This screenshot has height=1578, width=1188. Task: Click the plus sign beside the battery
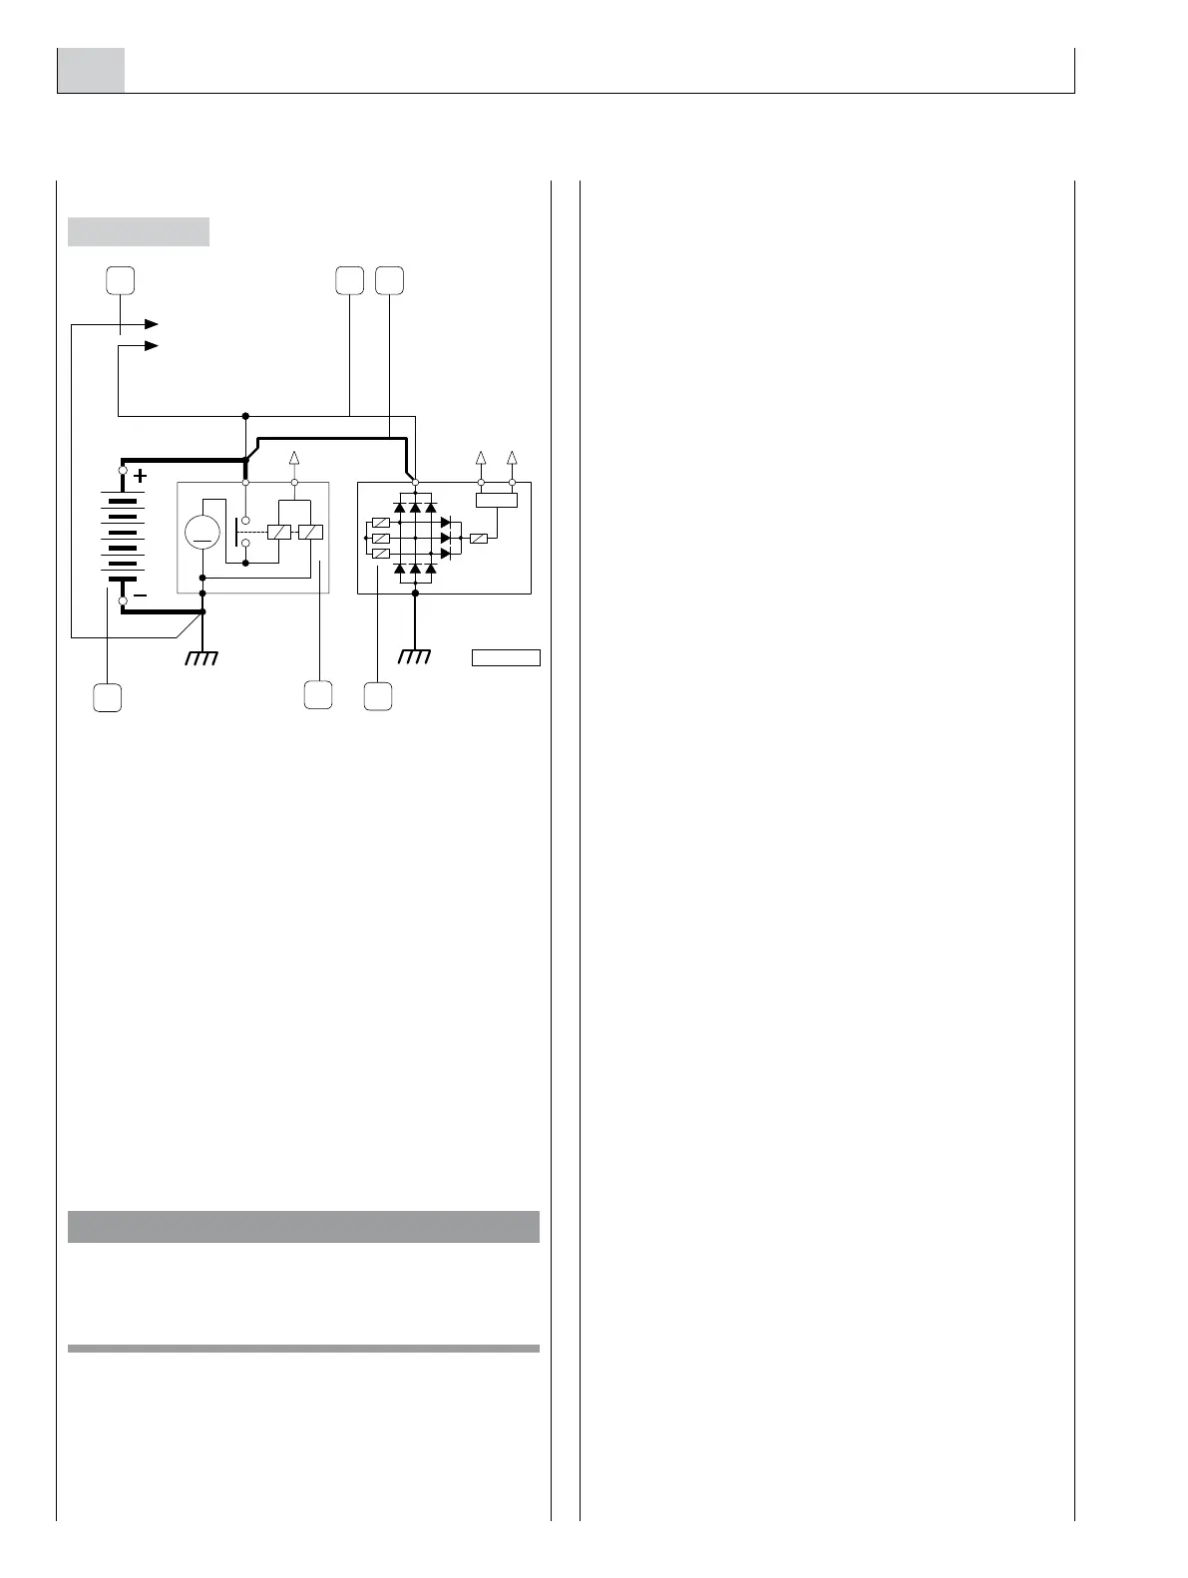(140, 476)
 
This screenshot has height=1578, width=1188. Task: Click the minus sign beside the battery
(141, 594)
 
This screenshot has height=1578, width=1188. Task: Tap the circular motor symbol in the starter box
(202, 532)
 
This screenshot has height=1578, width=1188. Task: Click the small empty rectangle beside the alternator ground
(506, 657)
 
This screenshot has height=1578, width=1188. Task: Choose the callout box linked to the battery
(108, 697)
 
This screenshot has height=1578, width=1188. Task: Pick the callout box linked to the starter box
(318, 694)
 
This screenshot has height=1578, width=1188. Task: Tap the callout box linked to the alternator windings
(377, 696)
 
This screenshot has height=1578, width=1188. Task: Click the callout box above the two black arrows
(121, 280)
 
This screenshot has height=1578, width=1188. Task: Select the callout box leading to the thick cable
(389, 280)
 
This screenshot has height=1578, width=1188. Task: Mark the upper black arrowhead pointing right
(152, 324)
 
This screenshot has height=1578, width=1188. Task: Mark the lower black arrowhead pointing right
(152, 346)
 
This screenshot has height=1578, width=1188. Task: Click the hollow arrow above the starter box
(294, 458)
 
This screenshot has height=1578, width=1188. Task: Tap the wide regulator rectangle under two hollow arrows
(497, 500)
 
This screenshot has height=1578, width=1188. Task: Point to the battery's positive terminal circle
(123, 470)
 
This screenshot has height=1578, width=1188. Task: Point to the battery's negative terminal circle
(123, 601)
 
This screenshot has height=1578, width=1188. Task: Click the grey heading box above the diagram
(139, 231)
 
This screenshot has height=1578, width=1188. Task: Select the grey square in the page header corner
(91, 70)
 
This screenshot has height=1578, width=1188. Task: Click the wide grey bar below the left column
(303, 1226)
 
